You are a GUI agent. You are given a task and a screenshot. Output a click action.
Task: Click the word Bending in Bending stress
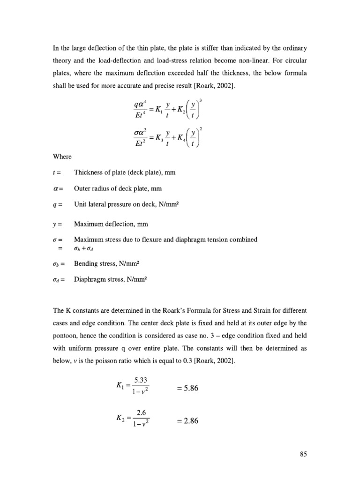pyautogui.click(x=86, y=263)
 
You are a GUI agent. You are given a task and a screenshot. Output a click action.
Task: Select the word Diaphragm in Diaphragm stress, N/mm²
pyautogui.click(x=91, y=279)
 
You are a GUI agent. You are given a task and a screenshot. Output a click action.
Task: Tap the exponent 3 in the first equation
pyautogui.click(x=201, y=100)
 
